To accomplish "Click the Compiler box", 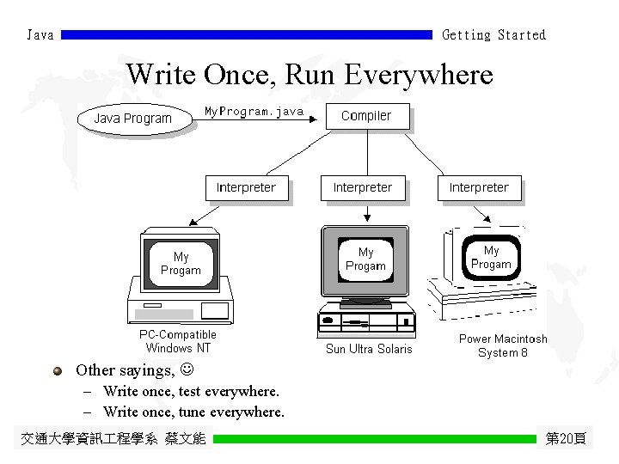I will coord(367,116).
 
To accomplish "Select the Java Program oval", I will coord(133,119).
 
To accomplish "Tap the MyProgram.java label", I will coord(254,112).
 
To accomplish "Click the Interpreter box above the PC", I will coord(246,187).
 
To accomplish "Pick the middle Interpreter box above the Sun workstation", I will coord(362,187).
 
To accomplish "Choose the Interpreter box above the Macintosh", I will coord(479,187).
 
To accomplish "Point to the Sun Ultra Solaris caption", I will coord(369,349).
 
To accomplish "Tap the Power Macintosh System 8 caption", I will coord(503,345).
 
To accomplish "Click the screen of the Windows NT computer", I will coord(181,263).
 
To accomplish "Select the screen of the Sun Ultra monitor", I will coord(366,259).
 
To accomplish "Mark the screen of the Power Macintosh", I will coord(491,257).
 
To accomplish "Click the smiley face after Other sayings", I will coord(187,370).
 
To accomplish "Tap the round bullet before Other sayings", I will coord(58,371).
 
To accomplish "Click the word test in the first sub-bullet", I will coord(189,392).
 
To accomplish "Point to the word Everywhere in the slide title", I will coord(419,75).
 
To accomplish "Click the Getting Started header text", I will coord(493,35).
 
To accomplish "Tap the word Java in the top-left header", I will coord(40,35).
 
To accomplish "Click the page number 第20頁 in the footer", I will coord(566,439).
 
